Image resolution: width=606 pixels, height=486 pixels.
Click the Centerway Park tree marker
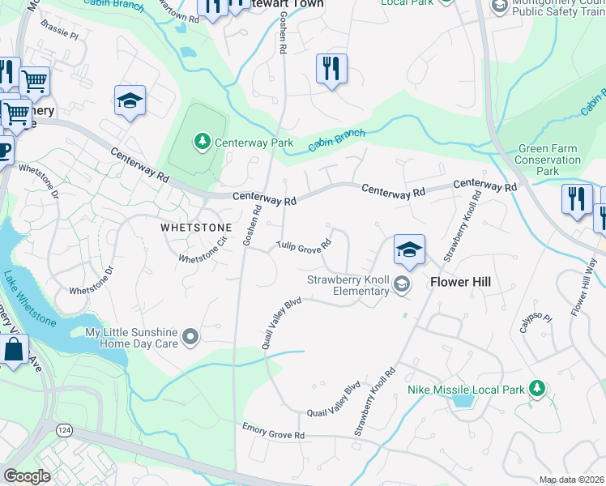201,143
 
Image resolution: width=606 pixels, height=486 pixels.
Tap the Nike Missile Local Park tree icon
536,390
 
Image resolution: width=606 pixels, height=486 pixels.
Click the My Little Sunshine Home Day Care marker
191,336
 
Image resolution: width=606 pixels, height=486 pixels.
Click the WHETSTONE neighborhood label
196,228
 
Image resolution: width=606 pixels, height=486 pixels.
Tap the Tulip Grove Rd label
304,245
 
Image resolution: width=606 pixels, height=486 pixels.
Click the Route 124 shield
63,427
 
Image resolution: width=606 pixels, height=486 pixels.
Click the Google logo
27,476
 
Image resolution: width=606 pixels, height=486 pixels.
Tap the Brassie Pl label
62,36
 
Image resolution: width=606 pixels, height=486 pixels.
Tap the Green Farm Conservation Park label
549,160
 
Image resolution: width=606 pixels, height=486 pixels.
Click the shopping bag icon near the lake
13,350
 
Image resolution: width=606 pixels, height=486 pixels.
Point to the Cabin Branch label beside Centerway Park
336,139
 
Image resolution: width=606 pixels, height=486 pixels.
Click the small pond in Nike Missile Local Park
463,399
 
